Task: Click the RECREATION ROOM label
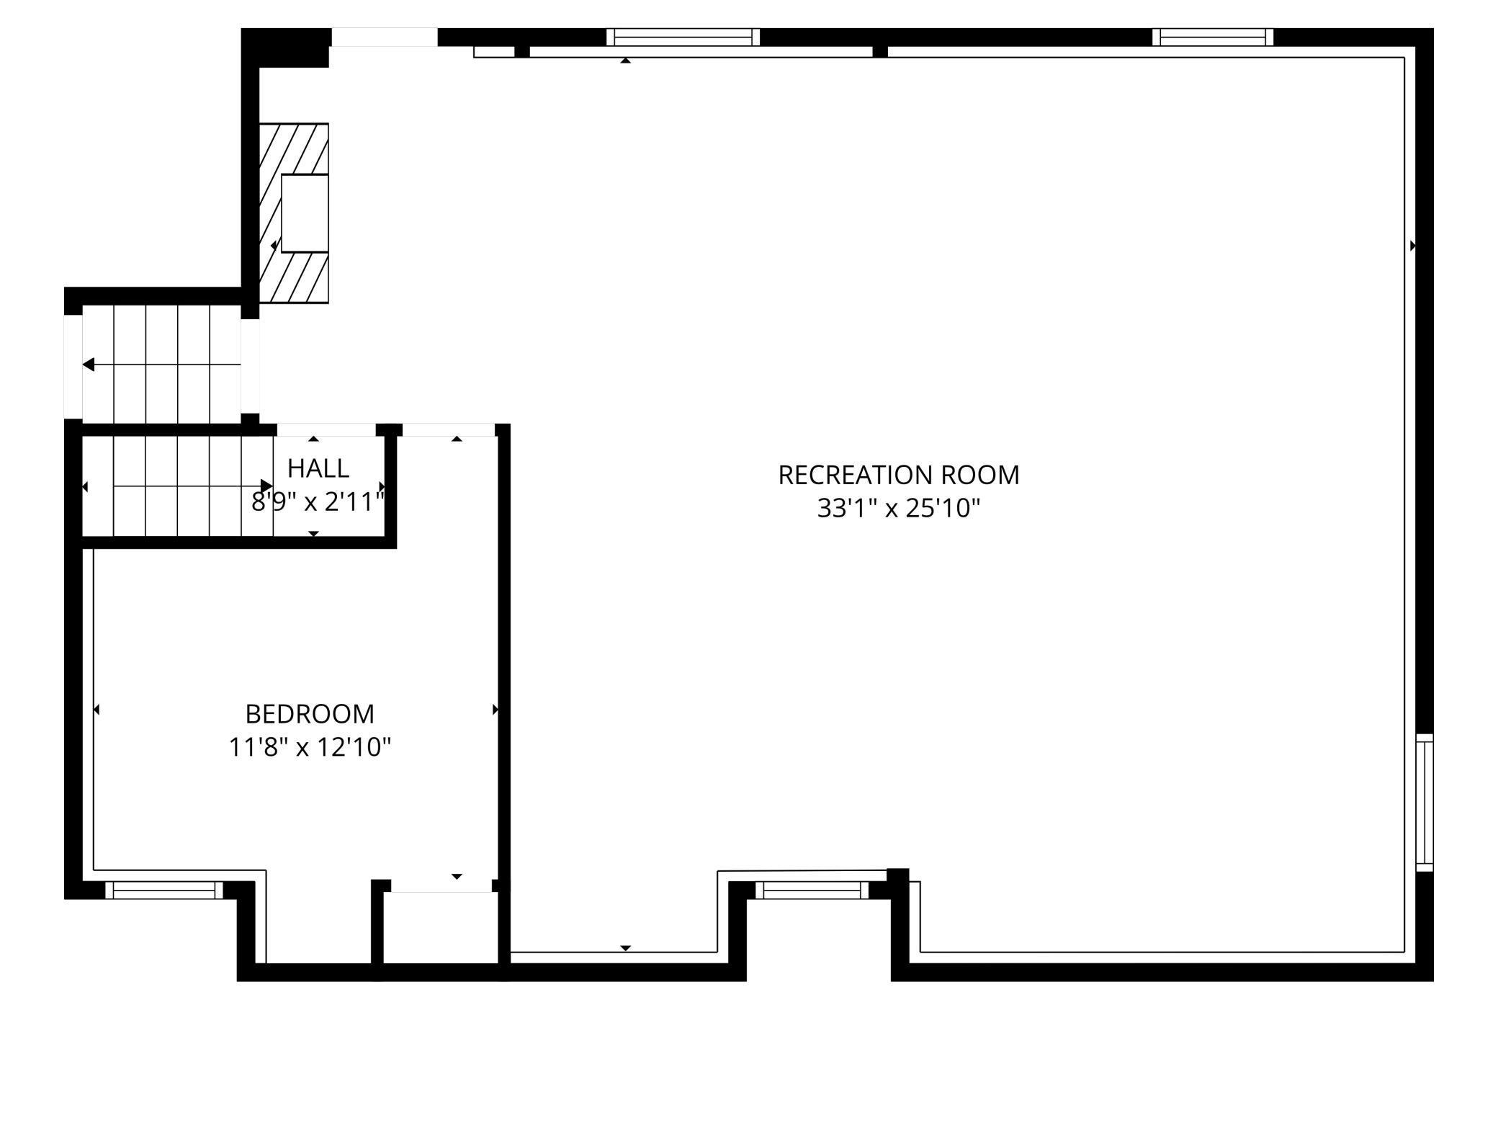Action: pyautogui.click(x=898, y=476)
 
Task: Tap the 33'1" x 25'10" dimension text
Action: pyautogui.click(x=898, y=509)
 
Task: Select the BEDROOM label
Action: pyautogui.click(x=310, y=714)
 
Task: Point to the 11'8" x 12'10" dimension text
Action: pyautogui.click(x=310, y=748)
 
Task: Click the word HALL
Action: pyautogui.click(x=318, y=469)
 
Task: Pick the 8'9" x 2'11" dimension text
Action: pyautogui.click(x=318, y=502)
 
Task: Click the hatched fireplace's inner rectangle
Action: pyautogui.click(x=305, y=213)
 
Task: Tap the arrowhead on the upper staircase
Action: pyautogui.click(x=89, y=365)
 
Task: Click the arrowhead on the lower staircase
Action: pyautogui.click(x=266, y=486)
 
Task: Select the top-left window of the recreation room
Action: pyautogui.click(x=683, y=37)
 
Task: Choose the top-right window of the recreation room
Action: pyautogui.click(x=1213, y=37)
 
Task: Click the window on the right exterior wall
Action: pyautogui.click(x=1425, y=803)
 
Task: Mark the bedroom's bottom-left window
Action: pyautogui.click(x=164, y=891)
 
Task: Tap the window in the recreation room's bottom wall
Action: pyautogui.click(x=812, y=891)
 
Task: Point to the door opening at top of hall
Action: pyautogui.click(x=326, y=430)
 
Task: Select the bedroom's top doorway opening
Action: pyautogui.click(x=448, y=430)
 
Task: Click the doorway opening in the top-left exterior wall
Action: pyautogui.click(x=384, y=37)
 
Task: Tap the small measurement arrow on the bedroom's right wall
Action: pyautogui.click(x=495, y=710)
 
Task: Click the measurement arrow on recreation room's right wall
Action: pyautogui.click(x=1412, y=246)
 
